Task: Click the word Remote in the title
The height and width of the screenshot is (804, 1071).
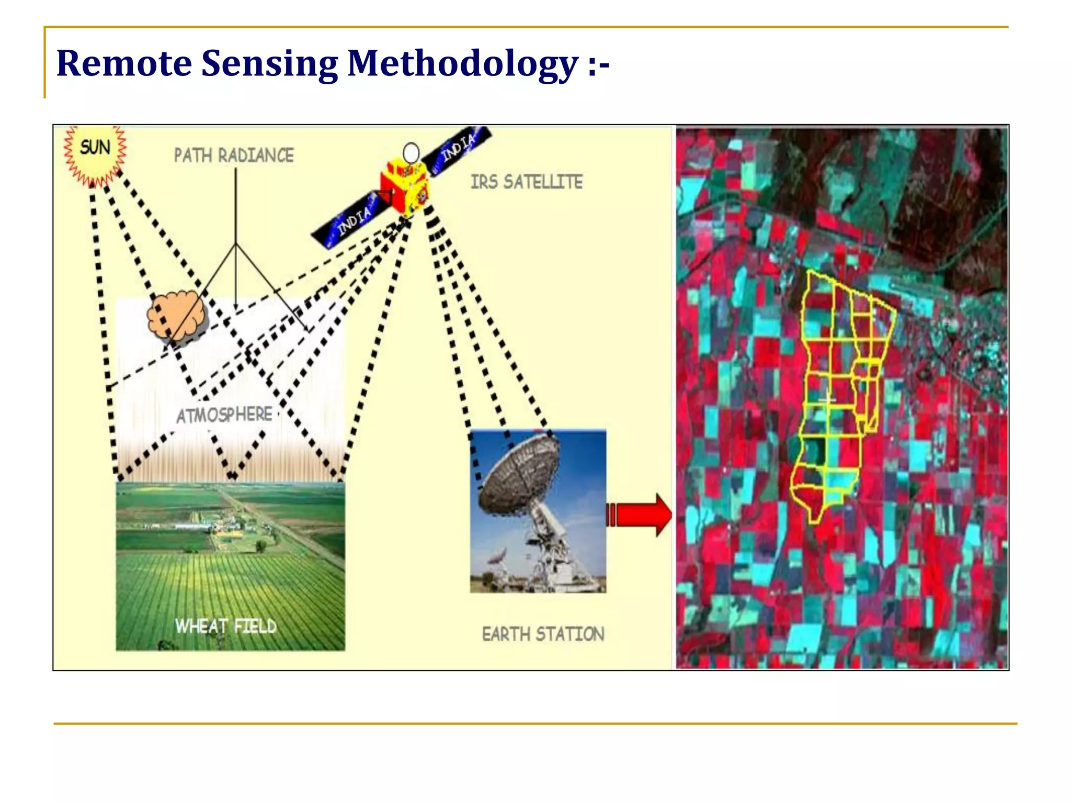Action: pos(124,63)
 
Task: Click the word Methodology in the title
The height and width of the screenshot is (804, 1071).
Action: pos(462,63)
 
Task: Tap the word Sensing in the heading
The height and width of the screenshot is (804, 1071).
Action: pos(269,63)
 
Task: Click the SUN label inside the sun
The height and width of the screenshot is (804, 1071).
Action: pos(95,148)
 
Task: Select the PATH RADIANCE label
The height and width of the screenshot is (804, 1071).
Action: pos(234,155)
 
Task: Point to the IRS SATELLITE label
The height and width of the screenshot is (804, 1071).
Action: pos(526,182)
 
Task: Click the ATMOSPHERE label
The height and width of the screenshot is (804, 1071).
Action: pos(224,415)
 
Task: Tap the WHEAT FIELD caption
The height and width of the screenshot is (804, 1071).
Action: pos(225,626)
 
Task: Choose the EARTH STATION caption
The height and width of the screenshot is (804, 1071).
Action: pos(543,634)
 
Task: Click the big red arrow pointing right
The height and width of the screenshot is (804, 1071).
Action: pos(641,515)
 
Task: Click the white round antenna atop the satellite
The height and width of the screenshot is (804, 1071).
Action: pos(411,153)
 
